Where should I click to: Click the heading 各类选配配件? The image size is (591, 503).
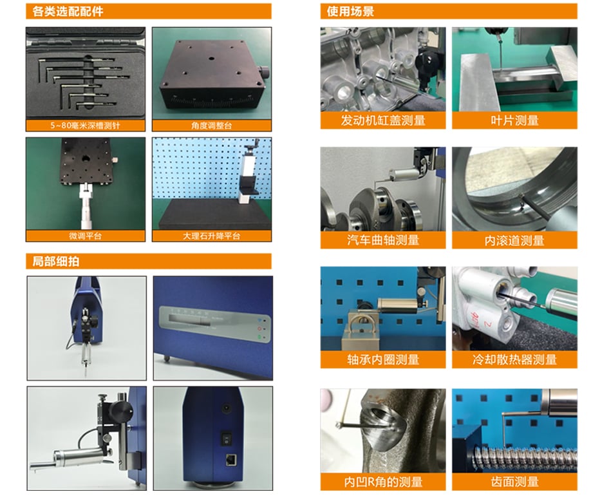click(68, 12)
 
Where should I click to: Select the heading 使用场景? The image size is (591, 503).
click(350, 12)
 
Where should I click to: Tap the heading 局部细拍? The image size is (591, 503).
click(56, 261)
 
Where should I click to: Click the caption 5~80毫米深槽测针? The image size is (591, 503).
click(85, 126)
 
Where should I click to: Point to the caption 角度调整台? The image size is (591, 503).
click(211, 126)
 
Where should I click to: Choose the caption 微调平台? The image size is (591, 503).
click(85, 236)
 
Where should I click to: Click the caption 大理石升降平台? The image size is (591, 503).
click(211, 236)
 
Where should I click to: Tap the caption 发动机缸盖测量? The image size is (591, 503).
click(383, 120)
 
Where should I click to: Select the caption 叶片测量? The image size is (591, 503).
click(514, 120)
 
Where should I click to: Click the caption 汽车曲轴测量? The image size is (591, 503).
click(383, 240)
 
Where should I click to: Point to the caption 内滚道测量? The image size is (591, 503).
click(514, 240)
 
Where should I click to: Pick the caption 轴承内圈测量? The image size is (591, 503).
click(383, 359)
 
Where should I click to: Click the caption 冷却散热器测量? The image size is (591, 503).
click(514, 359)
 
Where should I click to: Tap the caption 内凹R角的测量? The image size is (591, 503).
click(383, 482)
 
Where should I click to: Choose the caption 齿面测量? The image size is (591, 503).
click(514, 482)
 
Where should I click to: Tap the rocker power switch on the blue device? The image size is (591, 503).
click(226, 438)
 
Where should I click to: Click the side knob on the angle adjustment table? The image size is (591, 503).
click(264, 71)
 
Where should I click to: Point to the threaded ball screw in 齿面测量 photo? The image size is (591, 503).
click(524, 457)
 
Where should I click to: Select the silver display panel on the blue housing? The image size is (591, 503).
click(215, 323)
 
